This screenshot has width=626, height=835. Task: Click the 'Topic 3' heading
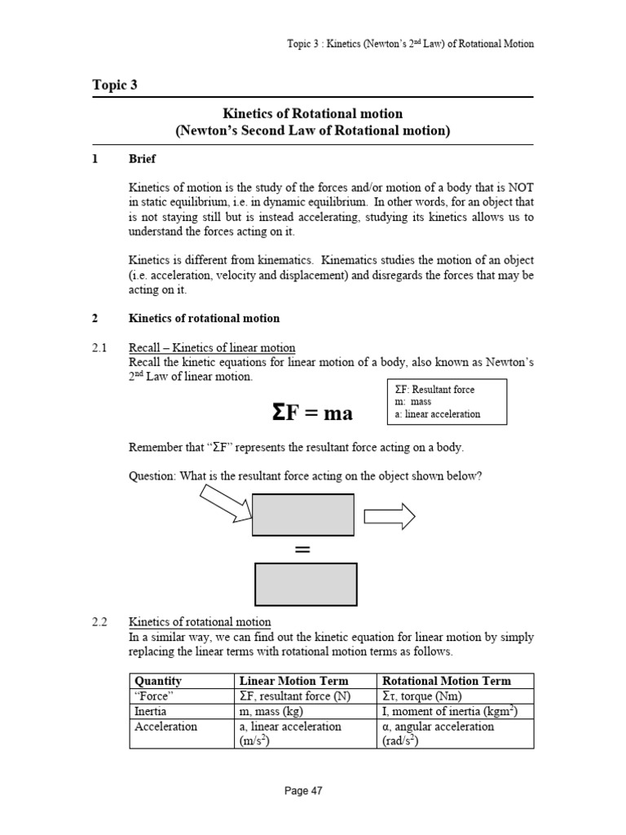click(x=115, y=85)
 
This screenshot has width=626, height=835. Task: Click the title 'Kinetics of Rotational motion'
click(x=313, y=113)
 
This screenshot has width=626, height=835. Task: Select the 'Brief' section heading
click(x=143, y=159)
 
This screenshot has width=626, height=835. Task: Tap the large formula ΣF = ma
click(x=312, y=413)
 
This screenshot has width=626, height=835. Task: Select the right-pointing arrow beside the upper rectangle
click(x=390, y=515)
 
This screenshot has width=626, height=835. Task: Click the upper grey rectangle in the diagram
click(x=303, y=515)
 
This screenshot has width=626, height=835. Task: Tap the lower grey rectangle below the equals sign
click(x=306, y=584)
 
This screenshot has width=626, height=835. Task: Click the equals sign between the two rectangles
click(x=303, y=550)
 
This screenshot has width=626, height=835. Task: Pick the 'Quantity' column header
click(x=158, y=681)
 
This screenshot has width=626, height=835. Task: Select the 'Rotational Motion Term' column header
click(x=447, y=681)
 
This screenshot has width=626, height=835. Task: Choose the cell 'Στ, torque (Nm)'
click(x=424, y=696)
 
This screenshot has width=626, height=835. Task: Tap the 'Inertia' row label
click(x=151, y=711)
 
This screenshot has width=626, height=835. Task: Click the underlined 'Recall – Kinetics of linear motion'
click(x=212, y=348)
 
